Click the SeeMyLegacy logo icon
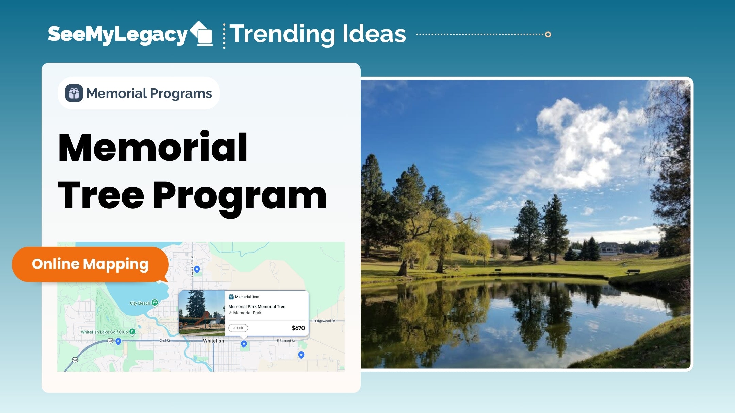[x=201, y=34]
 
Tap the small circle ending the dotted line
[x=548, y=34]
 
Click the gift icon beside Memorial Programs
[x=74, y=93]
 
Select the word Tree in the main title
[x=101, y=195]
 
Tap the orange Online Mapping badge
[x=90, y=264]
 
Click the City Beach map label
[x=140, y=303]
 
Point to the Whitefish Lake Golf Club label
[x=104, y=332]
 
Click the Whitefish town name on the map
[x=213, y=341]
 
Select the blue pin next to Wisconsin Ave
[x=197, y=269]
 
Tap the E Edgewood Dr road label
[x=324, y=321]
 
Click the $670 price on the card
[x=298, y=328]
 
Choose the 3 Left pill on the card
[x=238, y=328]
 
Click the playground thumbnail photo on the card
[x=202, y=313]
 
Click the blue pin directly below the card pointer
[x=244, y=344]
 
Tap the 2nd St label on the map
[x=165, y=340]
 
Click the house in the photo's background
[x=611, y=248]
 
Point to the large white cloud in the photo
[x=585, y=143]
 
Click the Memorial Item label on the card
[x=247, y=297]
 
